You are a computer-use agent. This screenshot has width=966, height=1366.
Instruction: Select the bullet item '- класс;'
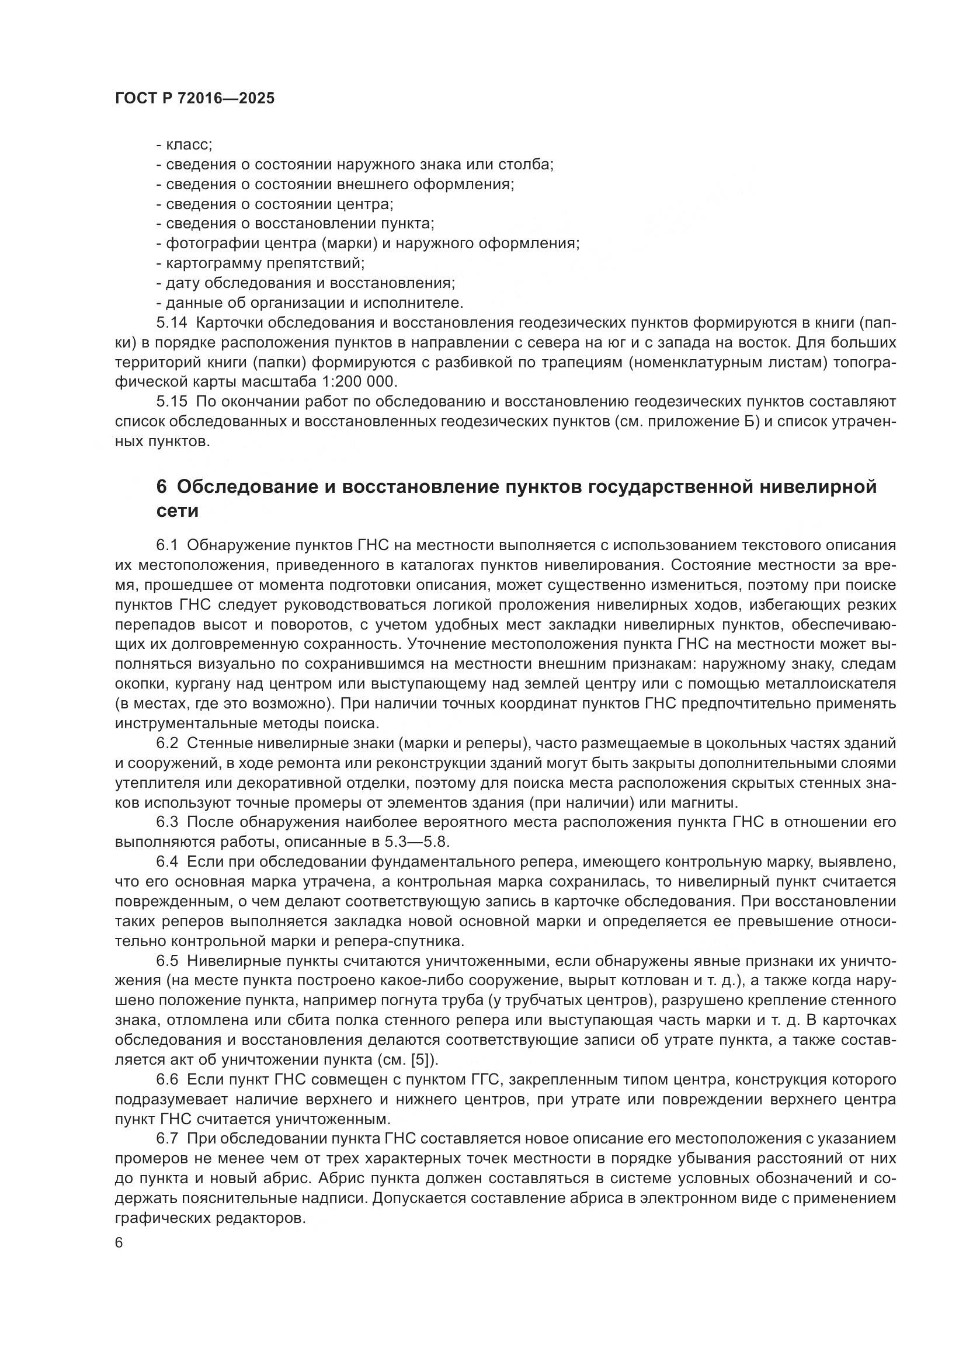(185, 145)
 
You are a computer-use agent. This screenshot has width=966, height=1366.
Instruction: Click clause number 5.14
(172, 323)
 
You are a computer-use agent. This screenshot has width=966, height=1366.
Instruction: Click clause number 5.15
(172, 402)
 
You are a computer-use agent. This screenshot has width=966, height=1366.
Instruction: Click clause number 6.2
(167, 743)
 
